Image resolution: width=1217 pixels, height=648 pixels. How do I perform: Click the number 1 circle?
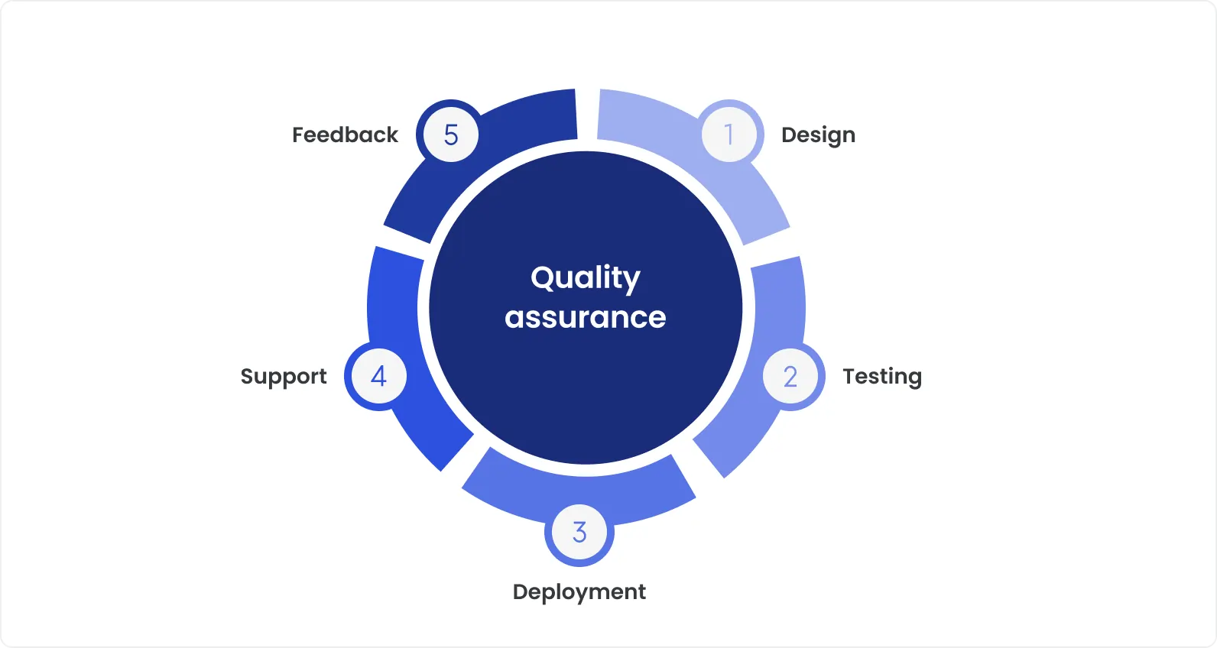tap(729, 134)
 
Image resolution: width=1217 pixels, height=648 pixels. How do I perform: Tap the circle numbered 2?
tap(790, 376)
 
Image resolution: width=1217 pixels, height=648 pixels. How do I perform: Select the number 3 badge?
tap(579, 532)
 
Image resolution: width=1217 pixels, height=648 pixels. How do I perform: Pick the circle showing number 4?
tap(378, 376)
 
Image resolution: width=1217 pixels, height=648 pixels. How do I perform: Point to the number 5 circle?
tap(451, 134)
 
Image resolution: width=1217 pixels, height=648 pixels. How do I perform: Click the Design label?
tap(818, 135)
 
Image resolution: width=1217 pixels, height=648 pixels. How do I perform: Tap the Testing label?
tap(882, 377)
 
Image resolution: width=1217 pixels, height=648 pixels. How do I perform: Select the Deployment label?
tap(579, 592)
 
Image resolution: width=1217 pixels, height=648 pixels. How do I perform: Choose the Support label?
tap(284, 377)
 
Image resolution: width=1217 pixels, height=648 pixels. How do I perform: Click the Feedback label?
tap(345, 135)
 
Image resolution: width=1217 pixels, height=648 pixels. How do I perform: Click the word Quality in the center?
tap(586, 278)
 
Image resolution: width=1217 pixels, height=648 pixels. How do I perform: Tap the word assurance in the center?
tap(586, 317)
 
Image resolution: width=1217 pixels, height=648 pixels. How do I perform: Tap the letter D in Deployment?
tap(520, 591)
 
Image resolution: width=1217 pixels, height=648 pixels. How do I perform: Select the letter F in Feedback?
tap(298, 135)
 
